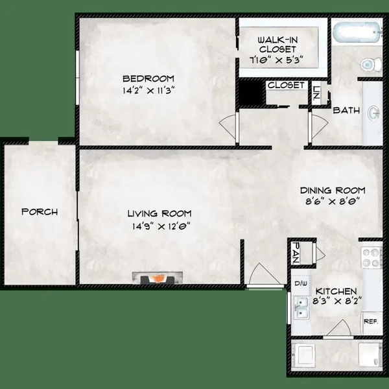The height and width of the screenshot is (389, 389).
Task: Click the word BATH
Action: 346,111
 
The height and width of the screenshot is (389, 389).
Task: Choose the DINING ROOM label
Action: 332,191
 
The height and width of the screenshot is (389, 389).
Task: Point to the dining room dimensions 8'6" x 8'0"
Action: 332,202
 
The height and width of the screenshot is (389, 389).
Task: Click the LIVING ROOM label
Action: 159,214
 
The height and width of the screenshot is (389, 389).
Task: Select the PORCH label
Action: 40,212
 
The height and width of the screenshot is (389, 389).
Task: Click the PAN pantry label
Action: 296,253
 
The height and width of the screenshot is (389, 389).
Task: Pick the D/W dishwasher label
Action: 300,283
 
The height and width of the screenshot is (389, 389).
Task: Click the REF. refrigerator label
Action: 370,321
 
